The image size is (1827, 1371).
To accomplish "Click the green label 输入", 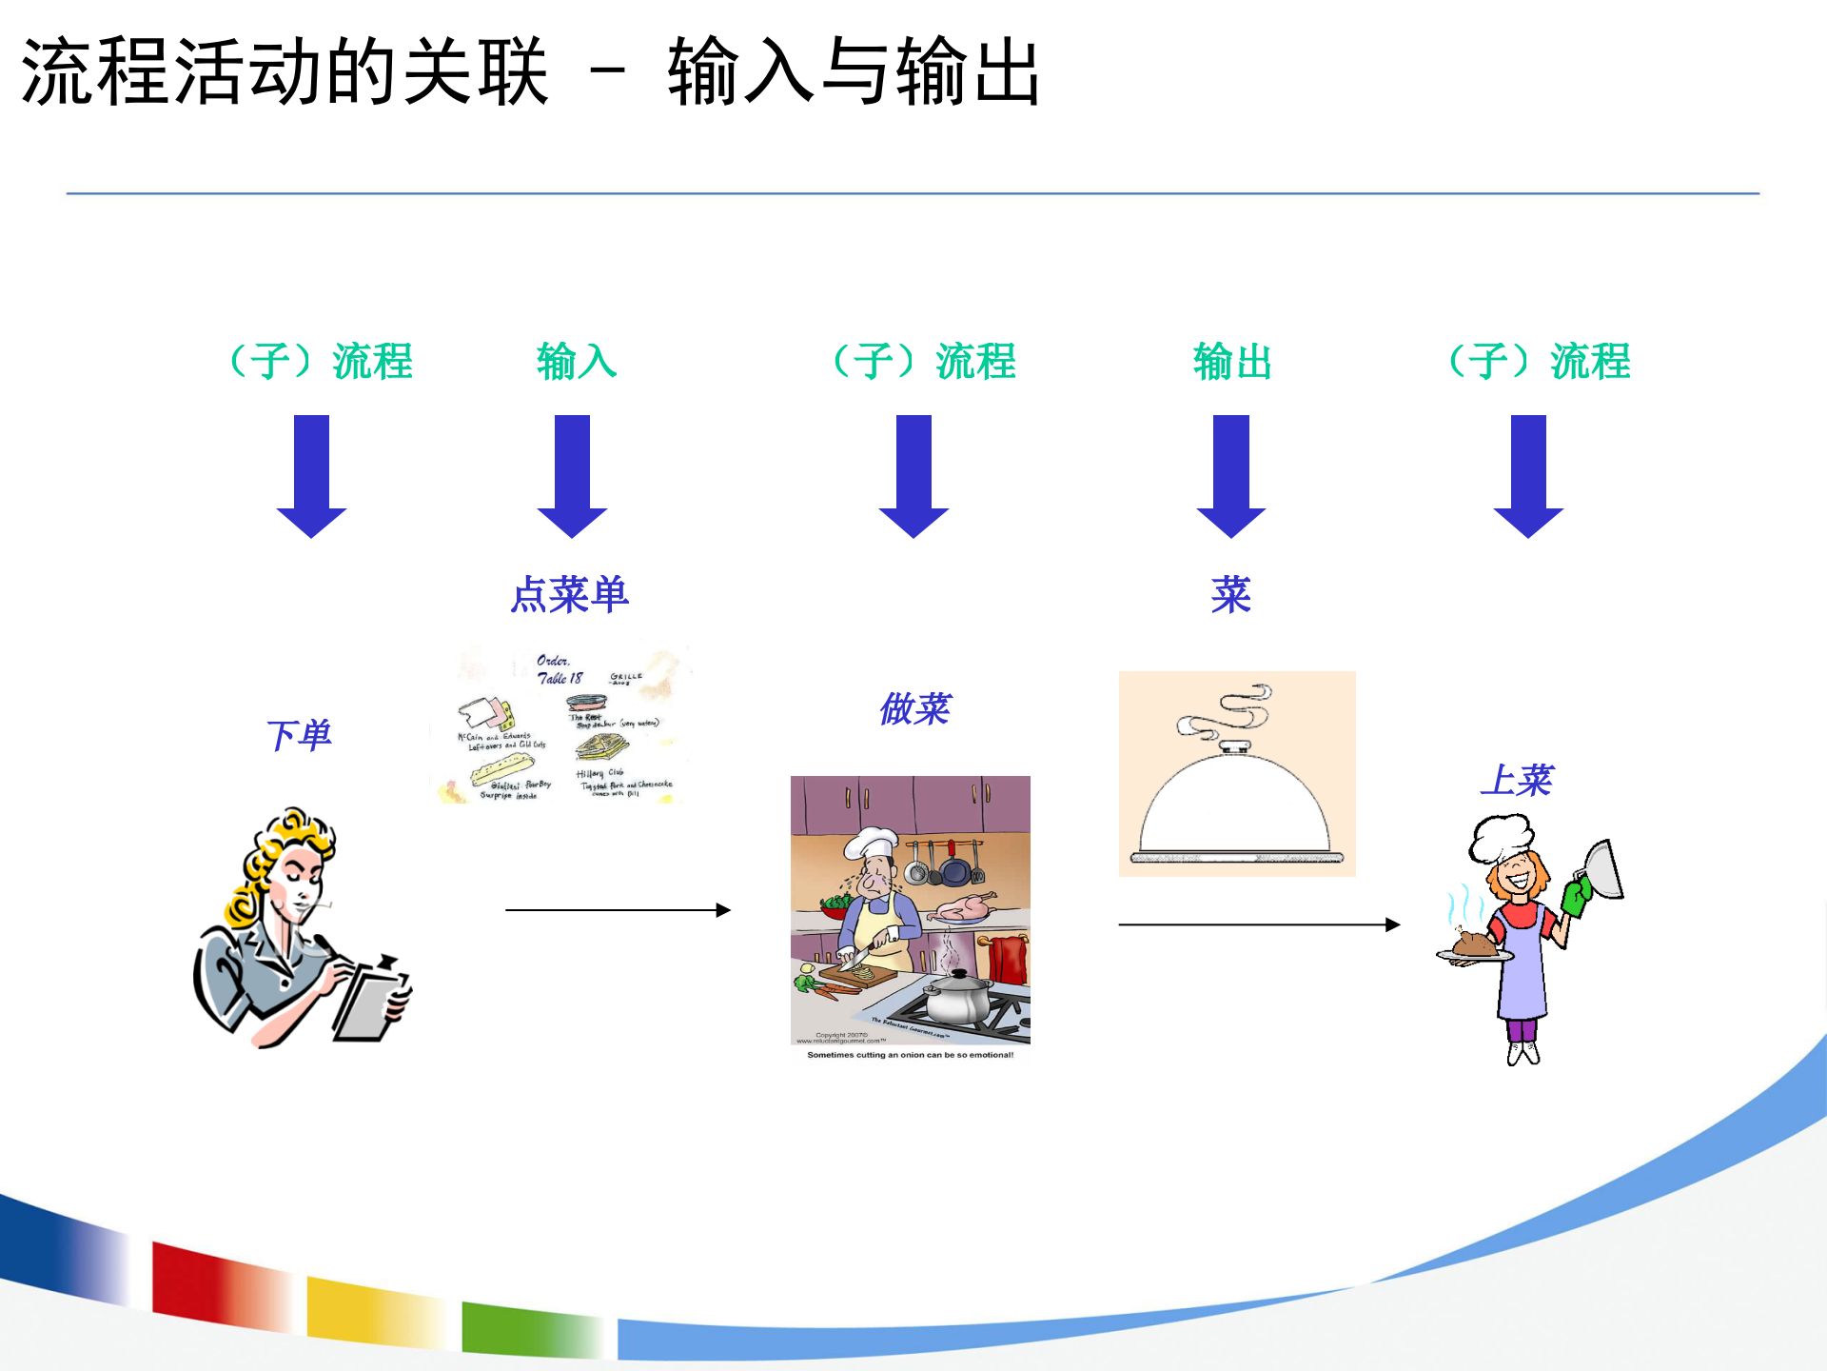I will pyautogui.click(x=577, y=362).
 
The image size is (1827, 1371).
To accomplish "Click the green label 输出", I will pyautogui.click(x=1232, y=362).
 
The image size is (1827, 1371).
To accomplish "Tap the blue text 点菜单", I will pyautogui.click(x=569, y=595).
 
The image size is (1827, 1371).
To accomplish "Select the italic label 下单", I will pyautogui.click(x=298, y=735).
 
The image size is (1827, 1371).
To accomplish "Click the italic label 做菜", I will pyautogui.click(x=914, y=708).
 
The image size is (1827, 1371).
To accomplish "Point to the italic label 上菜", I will pyautogui.click(x=1516, y=780).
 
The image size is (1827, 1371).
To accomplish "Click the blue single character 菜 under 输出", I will pyautogui.click(x=1230, y=595).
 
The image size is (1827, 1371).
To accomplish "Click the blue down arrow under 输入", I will pyautogui.click(x=572, y=476).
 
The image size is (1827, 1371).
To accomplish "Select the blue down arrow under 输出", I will pyautogui.click(x=1230, y=476).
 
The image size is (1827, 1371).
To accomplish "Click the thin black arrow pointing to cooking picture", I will pyautogui.click(x=618, y=910).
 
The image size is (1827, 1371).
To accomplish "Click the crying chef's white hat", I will pyautogui.click(x=870, y=842).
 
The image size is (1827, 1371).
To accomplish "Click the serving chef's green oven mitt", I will pyautogui.click(x=1576, y=896).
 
